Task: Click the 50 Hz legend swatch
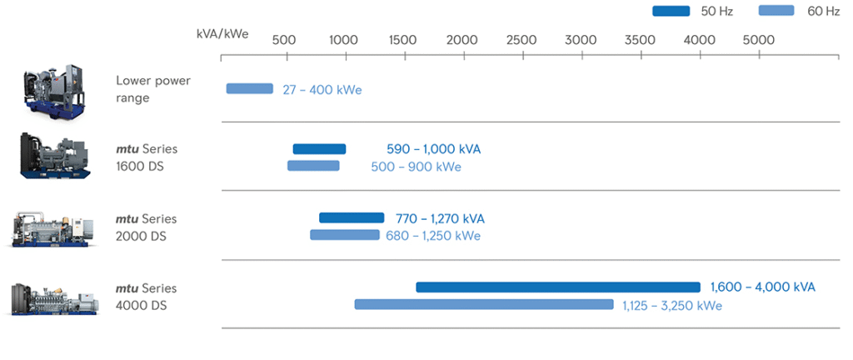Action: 671,11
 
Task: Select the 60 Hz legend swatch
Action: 777,11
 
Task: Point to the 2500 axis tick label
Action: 521,40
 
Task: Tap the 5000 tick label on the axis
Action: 758,40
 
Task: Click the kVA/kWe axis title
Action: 222,34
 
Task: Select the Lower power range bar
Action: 249,88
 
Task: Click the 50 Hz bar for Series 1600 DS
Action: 319,149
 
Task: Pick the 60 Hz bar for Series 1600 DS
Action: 313,166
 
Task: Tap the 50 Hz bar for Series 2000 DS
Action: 352,218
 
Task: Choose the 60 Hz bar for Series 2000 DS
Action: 345,235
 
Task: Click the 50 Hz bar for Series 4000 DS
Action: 557,287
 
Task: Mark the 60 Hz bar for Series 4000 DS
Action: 484,304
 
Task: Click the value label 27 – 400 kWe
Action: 322,90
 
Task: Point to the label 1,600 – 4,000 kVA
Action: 762,287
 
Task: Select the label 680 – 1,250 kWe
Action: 432,236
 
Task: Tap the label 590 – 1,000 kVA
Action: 433,149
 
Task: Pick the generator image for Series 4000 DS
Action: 53,297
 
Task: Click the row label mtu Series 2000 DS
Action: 146,227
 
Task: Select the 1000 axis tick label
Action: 343,40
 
